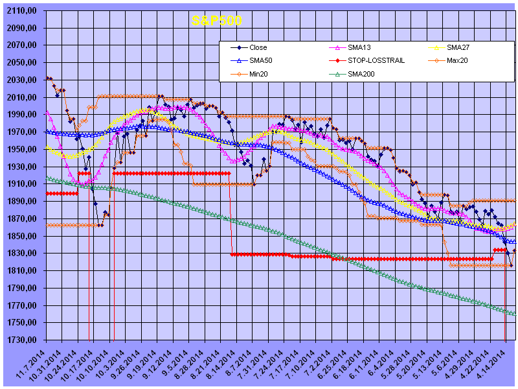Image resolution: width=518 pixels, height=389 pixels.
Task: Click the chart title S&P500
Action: [x=217, y=21]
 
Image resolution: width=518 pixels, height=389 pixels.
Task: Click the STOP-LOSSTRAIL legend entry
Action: [x=372, y=61]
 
